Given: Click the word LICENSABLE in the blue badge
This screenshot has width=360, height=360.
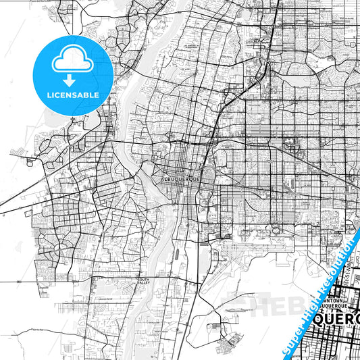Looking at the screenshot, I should (73, 95).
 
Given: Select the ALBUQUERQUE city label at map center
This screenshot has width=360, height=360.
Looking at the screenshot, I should (181, 180).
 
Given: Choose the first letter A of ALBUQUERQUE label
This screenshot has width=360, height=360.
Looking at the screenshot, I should (165, 180).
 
